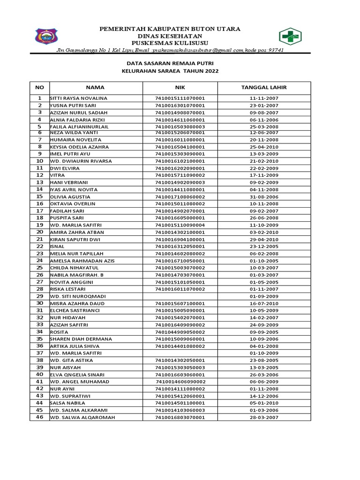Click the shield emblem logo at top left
(x=46, y=36)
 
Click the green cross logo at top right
(x=292, y=36)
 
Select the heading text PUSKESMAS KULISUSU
(x=170, y=43)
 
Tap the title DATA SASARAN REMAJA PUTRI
(x=170, y=63)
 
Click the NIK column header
(x=180, y=87)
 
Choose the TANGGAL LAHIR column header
(x=264, y=87)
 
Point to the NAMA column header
(x=95, y=87)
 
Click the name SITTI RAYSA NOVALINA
(x=79, y=98)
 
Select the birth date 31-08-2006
(x=264, y=197)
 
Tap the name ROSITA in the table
(x=60, y=332)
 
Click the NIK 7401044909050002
(x=180, y=332)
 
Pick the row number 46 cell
(x=40, y=417)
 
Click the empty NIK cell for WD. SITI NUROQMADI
(x=180, y=296)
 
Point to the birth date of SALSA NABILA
(x=264, y=403)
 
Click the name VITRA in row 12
(x=57, y=175)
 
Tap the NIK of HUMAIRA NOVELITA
(x=180, y=140)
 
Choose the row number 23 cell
(x=40, y=254)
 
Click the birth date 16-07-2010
(x=264, y=303)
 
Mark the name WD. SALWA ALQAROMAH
(x=82, y=417)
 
